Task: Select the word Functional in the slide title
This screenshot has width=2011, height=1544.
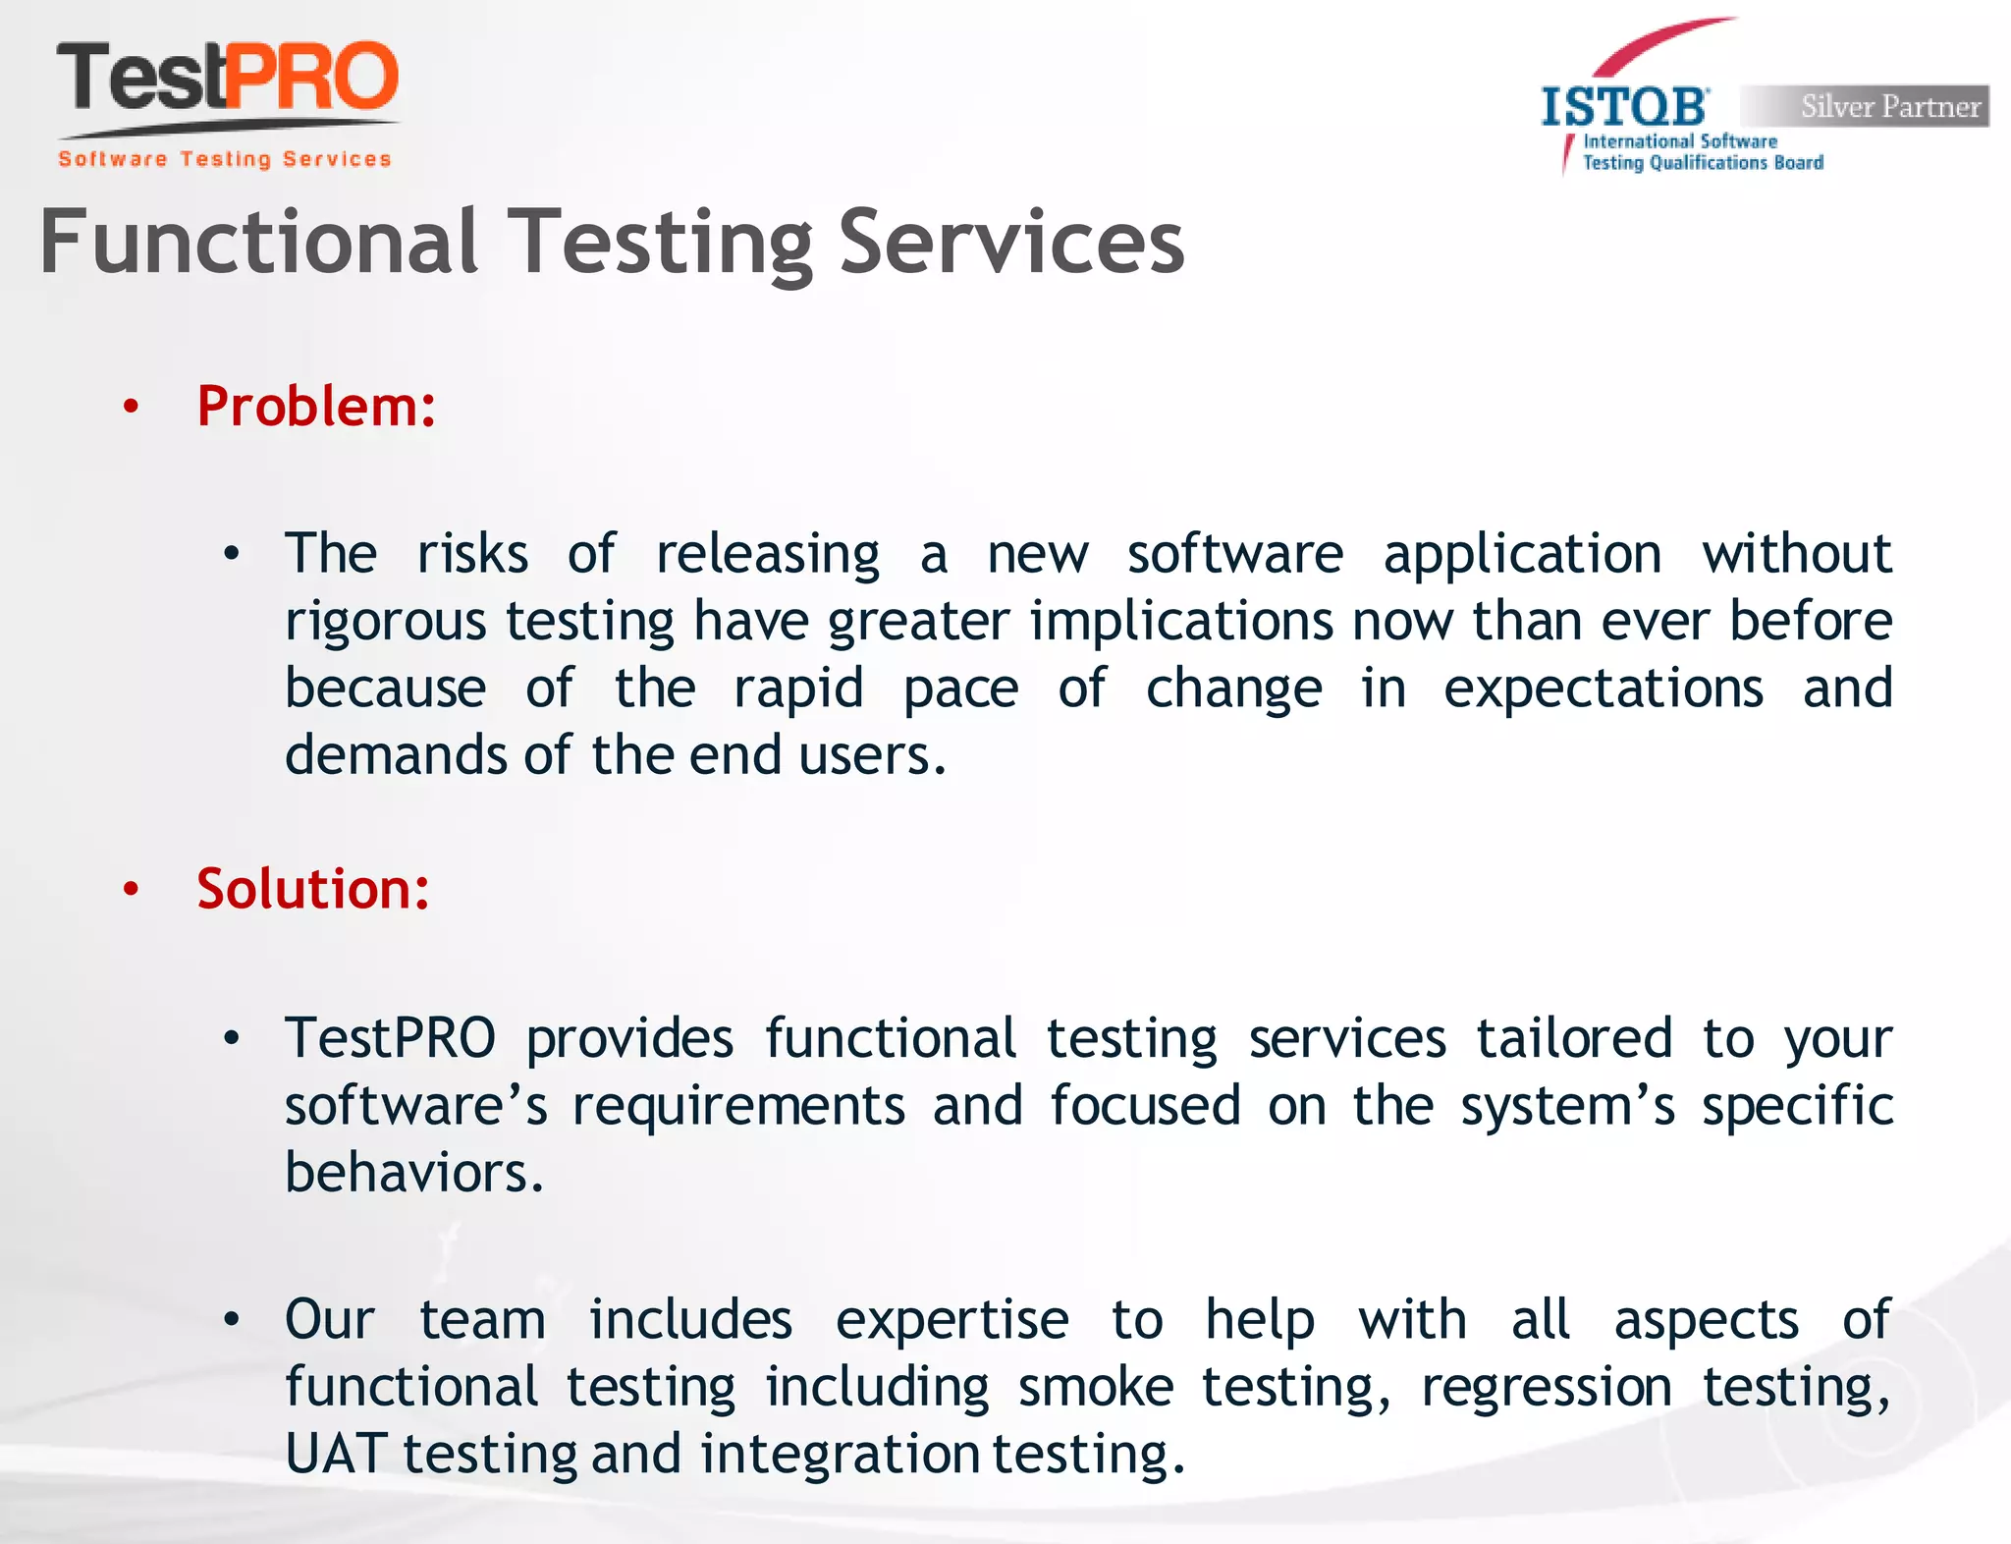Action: (x=258, y=243)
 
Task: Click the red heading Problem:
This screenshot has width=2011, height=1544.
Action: (x=316, y=407)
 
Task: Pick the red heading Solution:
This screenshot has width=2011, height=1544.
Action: (x=313, y=890)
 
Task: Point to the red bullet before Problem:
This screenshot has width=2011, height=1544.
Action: (x=131, y=408)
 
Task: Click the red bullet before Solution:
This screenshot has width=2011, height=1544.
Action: (x=131, y=890)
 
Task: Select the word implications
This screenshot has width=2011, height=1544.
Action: (x=1181, y=623)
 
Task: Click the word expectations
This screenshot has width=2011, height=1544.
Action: (x=1603, y=689)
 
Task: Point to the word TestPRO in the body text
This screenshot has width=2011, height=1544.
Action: (x=390, y=1039)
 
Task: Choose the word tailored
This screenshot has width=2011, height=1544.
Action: (x=1574, y=1039)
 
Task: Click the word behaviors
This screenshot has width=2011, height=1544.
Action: (x=412, y=1173)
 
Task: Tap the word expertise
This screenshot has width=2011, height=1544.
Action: (x=951, y=1320)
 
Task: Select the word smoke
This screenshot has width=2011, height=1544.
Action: (x=1095, y=1387)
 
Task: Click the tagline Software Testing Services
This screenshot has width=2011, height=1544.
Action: (x=225, y=159)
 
